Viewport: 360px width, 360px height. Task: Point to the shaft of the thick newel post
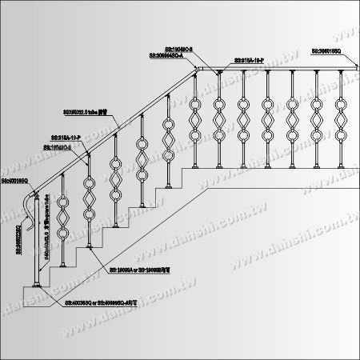coord(34,248)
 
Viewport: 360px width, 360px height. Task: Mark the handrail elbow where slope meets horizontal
coord(194,74)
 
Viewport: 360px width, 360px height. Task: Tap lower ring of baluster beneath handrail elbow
coord(193,140)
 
